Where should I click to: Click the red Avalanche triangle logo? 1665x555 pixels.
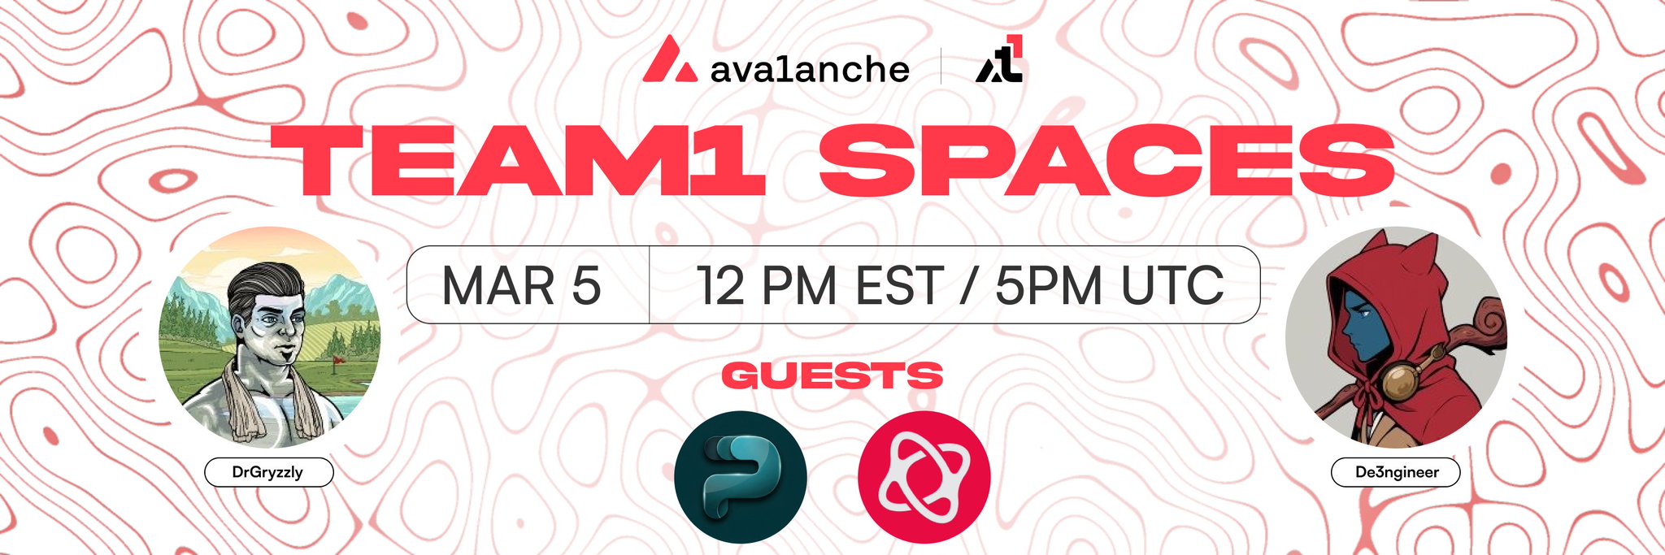coord(669,59)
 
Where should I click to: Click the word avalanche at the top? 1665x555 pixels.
coord(810,68)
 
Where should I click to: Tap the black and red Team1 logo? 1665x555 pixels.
coord(999,59)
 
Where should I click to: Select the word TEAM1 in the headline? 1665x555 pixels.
coord(518,161)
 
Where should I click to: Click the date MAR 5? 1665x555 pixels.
coord(521,285)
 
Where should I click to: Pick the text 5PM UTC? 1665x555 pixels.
coord(1109,285)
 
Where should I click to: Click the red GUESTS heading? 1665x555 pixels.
coord(832,375)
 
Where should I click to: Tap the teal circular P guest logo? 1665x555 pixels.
coord(741,477)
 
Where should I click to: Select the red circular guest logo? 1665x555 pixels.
coord(924,477)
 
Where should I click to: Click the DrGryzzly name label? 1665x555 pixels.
coord(268,472)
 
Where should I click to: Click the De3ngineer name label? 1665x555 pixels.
coord(1396,472)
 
